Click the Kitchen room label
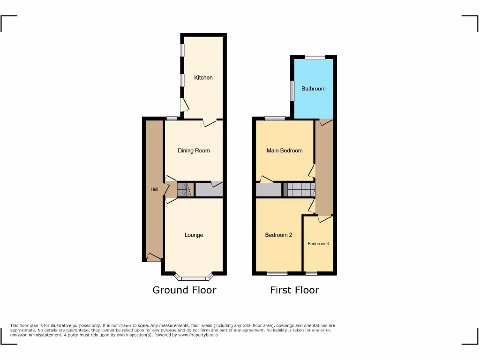[x=203, y=77]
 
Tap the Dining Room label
[x=194, y=150]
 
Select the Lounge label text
[x=194, y=235]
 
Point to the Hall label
[x=154, y=189]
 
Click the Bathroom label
[x=313, y=88]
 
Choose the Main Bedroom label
[x=285, y=150]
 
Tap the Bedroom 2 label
[x=278, y=235]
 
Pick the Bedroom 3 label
[x=318, y=244]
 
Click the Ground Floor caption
[x=184, y=290]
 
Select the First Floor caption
[x=294, y=290]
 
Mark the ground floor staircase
[x=185, y=189]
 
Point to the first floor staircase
[x=300, y=189]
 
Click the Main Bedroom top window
[x=274, y=118]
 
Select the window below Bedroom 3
[x=311, y=273]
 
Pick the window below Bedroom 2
[x=277, y=273]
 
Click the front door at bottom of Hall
[x=153, y=256]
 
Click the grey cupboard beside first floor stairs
[x=269, y=189]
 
